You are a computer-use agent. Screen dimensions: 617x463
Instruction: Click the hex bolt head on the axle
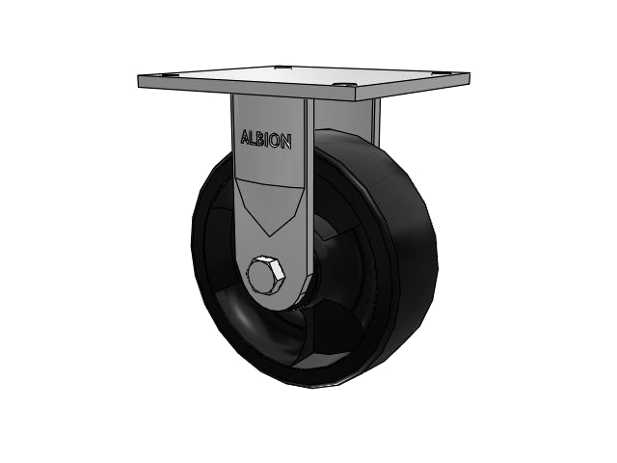click(x=266, y=277)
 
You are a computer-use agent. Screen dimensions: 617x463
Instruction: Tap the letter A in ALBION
click(x=245, y=138)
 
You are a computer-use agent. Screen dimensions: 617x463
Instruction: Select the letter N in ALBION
click(x=286, y=142)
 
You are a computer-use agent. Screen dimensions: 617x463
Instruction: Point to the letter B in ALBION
click(x=260, y=139)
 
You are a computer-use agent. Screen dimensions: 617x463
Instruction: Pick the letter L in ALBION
click(x=253, y=138)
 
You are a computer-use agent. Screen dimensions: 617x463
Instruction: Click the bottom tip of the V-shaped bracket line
click(x=269, y=236)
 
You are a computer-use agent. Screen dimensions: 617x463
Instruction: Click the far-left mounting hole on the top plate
click(x=161, y=75)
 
